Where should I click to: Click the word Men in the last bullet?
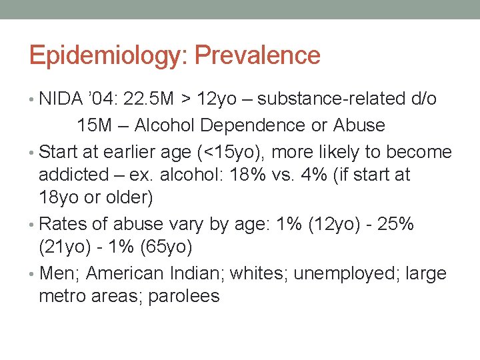pyautogui.click(x=59, y=273)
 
